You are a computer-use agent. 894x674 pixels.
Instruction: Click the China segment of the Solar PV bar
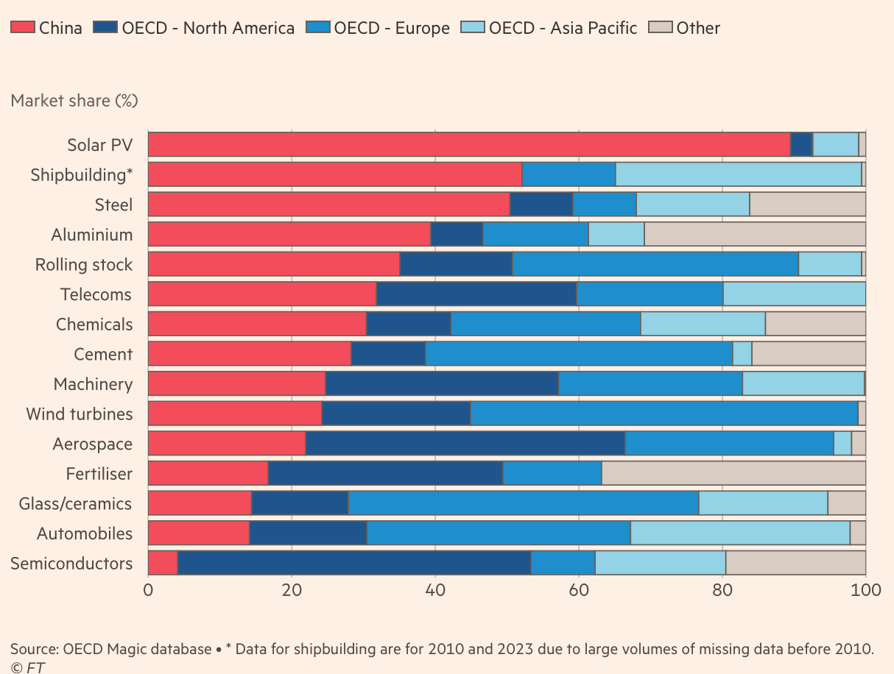click(468, 145)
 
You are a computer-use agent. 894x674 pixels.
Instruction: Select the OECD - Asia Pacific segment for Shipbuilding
click(738, 175)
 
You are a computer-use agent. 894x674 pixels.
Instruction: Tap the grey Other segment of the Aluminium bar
click(755, 235)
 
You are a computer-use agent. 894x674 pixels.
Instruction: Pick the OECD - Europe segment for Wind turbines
click(664, 414)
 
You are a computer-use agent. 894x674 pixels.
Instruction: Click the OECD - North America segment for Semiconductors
click(354, 564)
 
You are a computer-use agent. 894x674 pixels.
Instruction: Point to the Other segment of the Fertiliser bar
click(733, 474)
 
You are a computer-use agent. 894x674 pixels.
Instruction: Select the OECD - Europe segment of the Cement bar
click(579, 355)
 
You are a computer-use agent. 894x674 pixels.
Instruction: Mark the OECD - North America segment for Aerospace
click(465, 444)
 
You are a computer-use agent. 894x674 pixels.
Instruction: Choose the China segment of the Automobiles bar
click(198, 533)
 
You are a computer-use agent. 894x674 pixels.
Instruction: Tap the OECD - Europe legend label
click(391, 29)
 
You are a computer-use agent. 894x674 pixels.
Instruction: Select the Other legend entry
click(697, 29)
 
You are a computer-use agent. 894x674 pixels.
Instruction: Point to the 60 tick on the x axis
click(578, 591)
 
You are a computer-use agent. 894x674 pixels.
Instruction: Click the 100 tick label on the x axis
click(865, 591)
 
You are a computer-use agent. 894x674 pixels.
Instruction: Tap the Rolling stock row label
click(84, 265)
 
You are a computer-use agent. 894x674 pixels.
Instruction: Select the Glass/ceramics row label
click(75, 504)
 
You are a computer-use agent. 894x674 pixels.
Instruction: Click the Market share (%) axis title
click(74, 100)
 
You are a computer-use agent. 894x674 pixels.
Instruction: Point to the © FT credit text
click(27, 667)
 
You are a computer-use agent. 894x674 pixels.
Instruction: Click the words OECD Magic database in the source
click(137, 649)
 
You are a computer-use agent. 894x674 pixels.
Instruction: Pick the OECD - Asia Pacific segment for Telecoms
click(794, 295)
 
